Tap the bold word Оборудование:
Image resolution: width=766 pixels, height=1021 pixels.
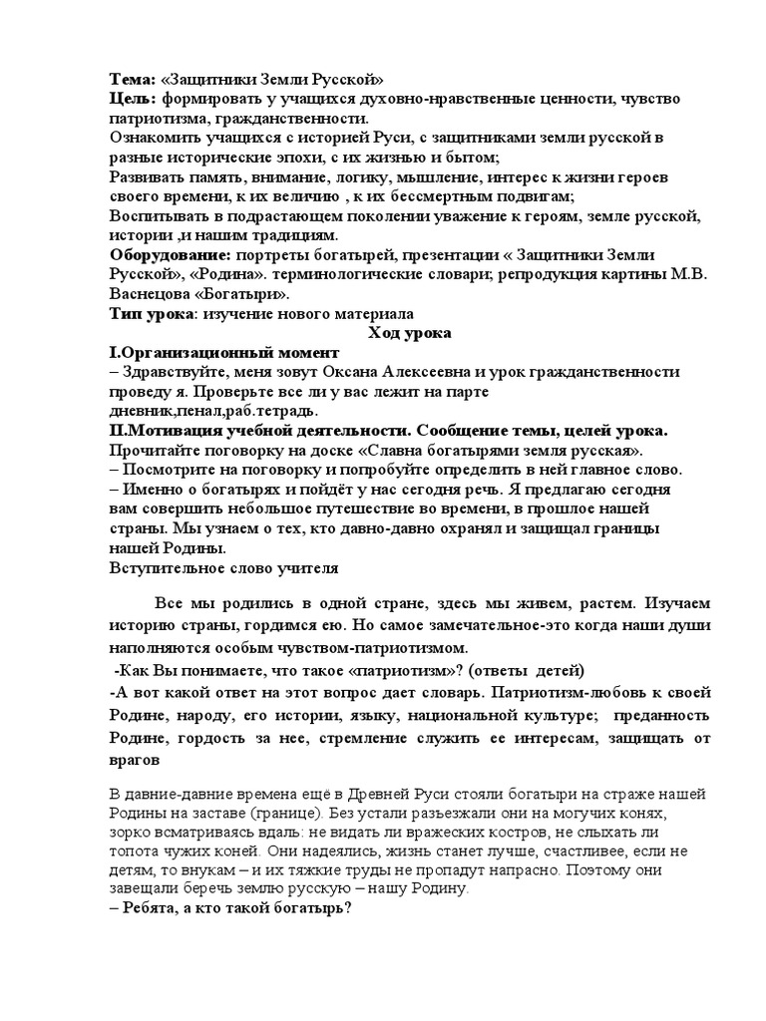point(170,257)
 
